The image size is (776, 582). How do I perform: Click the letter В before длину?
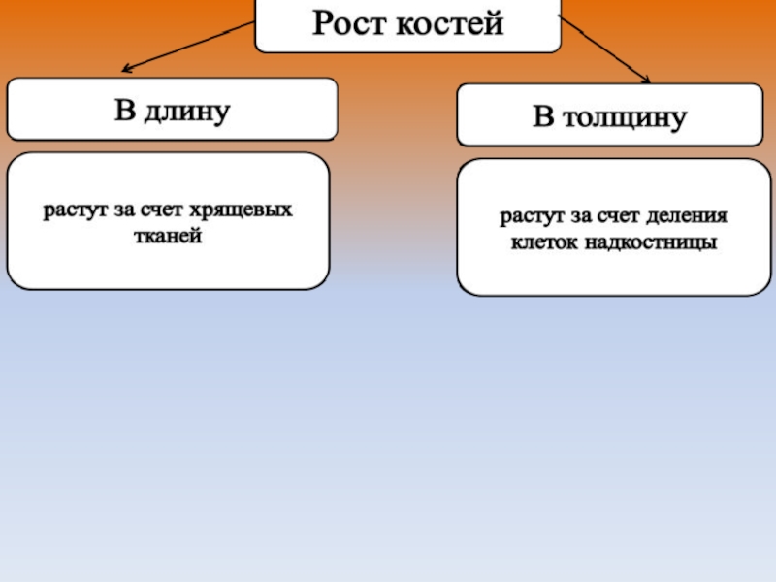tap(124, 112)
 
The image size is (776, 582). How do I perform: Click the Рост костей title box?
tap(407, 24)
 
